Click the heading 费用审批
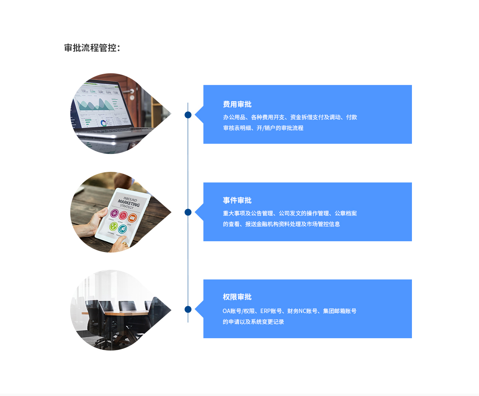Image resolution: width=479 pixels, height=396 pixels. (x=237, y=104)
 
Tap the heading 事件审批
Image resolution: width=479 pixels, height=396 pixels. (x=237, y=200)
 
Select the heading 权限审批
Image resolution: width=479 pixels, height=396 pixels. (x=237, y=297)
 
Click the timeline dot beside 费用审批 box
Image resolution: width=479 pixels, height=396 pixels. (x=188, y=115)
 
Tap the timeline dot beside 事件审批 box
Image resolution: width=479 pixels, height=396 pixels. (x=188, y=212)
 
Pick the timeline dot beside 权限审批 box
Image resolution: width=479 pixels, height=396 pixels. (x=188, y=309)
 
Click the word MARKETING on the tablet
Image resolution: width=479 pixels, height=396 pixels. (x=129, y=203)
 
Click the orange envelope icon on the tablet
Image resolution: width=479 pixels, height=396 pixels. (x=133, y=217)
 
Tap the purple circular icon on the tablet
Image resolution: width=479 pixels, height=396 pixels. (x=114, y=213)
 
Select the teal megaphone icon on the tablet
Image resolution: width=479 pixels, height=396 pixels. (x=123, y=229)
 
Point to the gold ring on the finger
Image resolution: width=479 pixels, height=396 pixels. (x=125, y=244)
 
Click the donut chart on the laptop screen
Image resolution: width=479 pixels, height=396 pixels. (x=104, y=123)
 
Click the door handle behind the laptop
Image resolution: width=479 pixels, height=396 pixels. (x=129, y=91)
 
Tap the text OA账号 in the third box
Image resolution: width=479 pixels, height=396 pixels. (x=232, y=311)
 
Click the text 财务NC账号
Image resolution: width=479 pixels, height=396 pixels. (x=302, y=311)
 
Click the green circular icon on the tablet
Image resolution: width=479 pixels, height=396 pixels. (x=113, y=227)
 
